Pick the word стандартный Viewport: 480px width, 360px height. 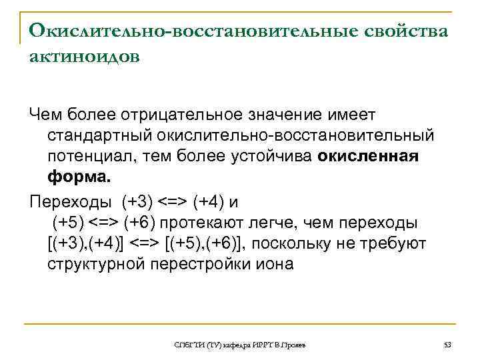coord(100,137)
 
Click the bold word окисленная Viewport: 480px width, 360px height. coord(369,157)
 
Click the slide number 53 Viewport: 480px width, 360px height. coord(447,345)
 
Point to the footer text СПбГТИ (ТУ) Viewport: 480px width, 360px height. coord(193,345)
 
